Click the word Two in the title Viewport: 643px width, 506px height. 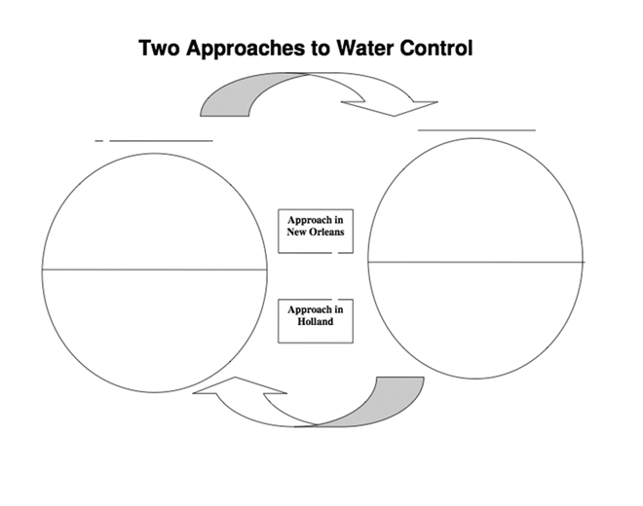pyautogui.click(x=159, y=48)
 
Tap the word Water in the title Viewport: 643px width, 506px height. pyautogui.click(x=364, y=48)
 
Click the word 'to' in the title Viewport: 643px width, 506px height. pyautogui.click(x=321, y=48)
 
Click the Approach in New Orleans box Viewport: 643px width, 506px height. pyautogui.click(x=315, y=231)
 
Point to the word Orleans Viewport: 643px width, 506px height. pyautogui.click(x=326, y=233)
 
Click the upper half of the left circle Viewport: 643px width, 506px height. pyautogui.click(x=154, y=214)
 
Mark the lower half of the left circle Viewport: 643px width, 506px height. pyautogui.click(x=154, y=326)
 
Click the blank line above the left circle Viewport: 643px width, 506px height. pyautogui.click(x=161, y=140)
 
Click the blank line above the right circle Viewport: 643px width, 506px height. pyautogui.click(x=476, y=128)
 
